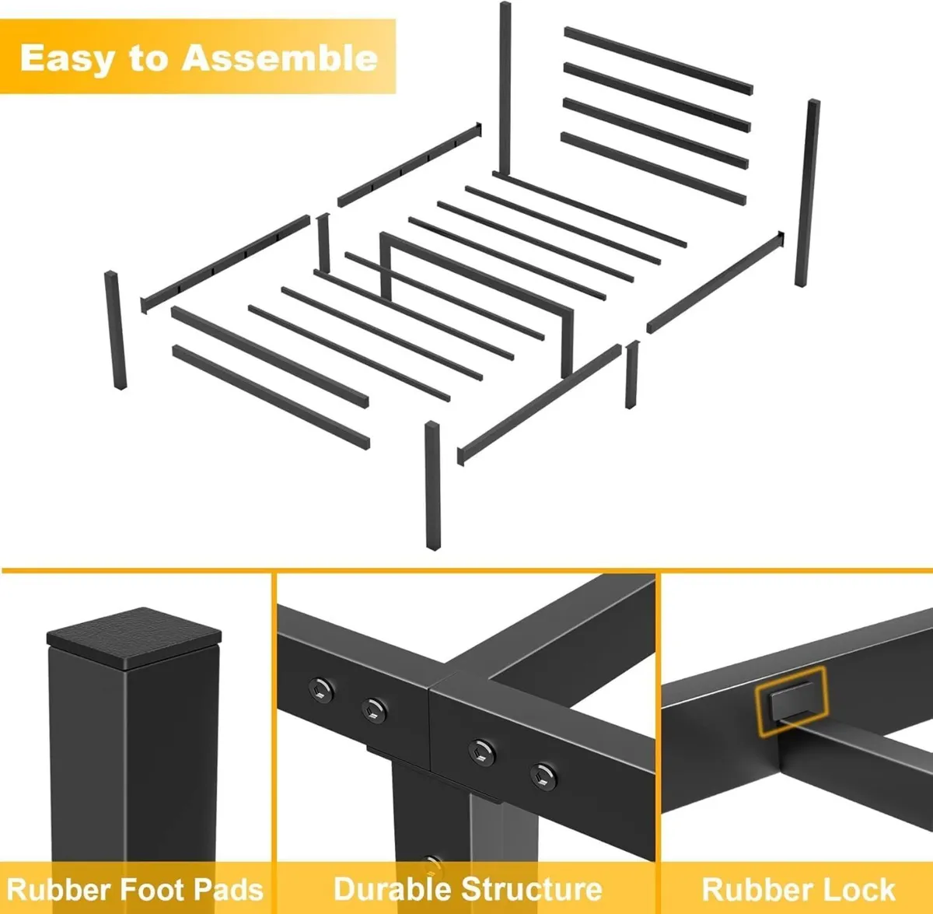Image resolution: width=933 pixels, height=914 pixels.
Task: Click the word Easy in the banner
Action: (x=67, y=59)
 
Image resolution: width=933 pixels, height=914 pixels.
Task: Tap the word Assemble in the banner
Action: (x=280, y=58)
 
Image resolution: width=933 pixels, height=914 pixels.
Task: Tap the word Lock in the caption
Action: (x=862, y=889)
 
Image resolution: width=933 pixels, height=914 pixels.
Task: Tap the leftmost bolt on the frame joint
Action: (x=320, y=689)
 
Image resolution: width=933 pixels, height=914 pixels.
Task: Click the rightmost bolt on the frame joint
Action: (x=543, y=776)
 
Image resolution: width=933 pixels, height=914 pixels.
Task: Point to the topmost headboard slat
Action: (x=659, y=61)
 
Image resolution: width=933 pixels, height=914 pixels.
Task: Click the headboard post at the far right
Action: (x=806, y=193)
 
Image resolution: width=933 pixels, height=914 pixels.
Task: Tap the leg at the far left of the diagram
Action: (x=116, y=330)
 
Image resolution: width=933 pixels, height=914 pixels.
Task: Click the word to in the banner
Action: (x=148, y=59)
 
